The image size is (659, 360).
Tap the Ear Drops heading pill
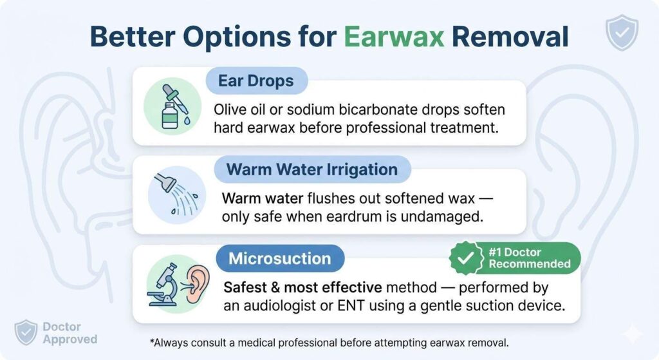pyautogui.click(x=256, y=82)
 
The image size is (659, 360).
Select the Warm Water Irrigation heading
pyautogui.click(x=311, y=170)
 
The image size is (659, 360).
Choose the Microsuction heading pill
pyautogui.click(x=280, y=259)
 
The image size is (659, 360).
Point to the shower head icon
pyautogui.click(x=164, y=185)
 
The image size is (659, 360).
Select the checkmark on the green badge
pyautogui.click(x=465, y=258)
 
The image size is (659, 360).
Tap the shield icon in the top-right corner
pyautogui.click(x=622, y=33)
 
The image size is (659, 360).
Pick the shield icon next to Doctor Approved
pyautogui.click(x=25, y=333)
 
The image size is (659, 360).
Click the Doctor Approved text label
pyautogui.click(x=70, y=333)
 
